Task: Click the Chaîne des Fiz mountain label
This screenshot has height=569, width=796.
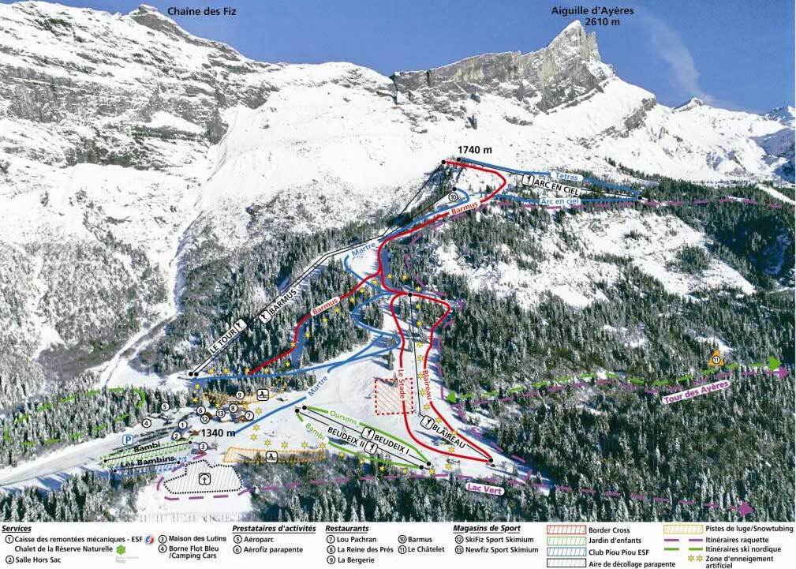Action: (202, 11)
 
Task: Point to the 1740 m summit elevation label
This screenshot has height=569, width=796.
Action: (474, 150)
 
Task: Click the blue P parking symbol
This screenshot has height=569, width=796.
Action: (127, 440)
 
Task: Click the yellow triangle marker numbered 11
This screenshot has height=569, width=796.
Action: (716, 358)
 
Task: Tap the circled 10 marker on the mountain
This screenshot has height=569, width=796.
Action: (452, 196)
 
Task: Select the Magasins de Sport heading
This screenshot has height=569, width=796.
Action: (488, 528)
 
